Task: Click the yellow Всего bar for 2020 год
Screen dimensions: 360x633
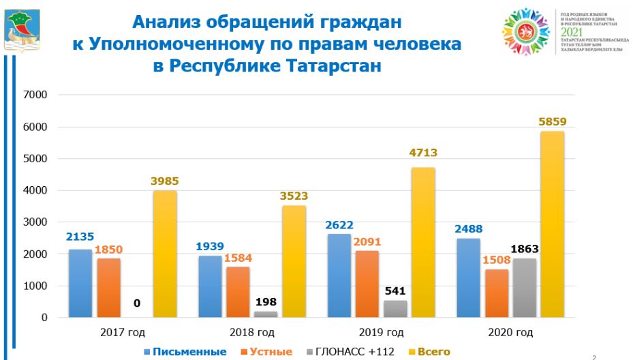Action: (552, 224)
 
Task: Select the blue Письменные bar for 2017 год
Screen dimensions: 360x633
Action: (80, 283)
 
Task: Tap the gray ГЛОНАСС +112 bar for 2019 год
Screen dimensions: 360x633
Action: (395, 309)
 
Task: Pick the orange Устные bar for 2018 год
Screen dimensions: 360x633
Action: (238, 292)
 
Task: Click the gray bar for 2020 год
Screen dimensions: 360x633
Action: (524, 288)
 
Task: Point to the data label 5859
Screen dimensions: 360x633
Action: (552, 122)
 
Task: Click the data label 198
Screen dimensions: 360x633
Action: (266, 302)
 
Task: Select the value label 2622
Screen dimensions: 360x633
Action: (339, 225)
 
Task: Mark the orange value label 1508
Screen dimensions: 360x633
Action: (495, 260)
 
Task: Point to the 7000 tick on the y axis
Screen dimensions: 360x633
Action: (35, 95)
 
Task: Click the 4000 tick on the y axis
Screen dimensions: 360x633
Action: (35, 190)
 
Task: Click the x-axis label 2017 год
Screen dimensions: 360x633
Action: (123, 333)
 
